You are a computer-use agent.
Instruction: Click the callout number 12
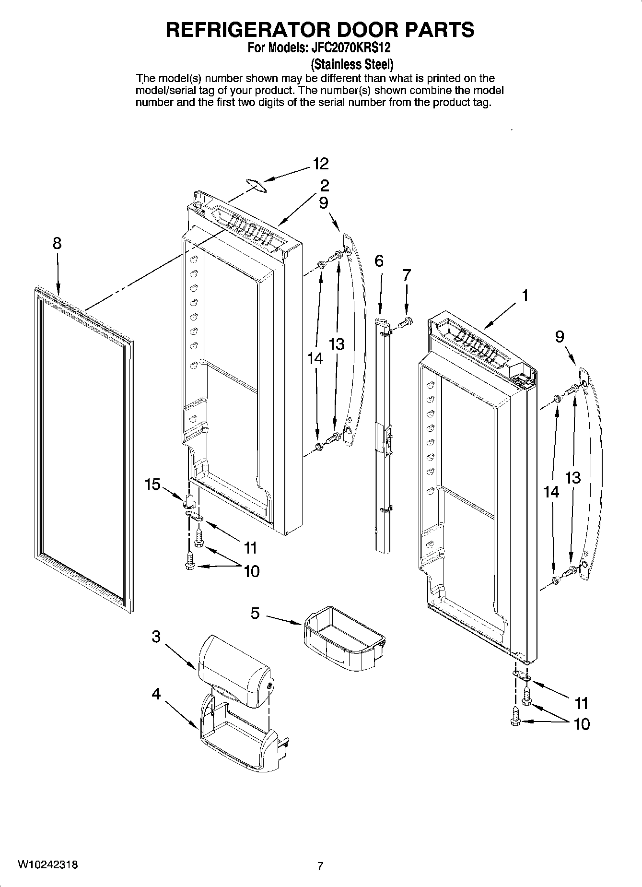321,164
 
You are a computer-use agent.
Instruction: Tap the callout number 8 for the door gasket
57,243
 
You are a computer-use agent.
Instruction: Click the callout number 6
379,261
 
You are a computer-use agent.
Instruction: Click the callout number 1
525,296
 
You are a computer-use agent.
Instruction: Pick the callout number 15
152,485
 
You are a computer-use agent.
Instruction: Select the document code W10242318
48,864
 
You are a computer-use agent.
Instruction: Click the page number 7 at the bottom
320,866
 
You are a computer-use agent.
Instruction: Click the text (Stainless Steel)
352,64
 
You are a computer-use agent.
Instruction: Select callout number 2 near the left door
325,185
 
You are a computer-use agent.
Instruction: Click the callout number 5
255,613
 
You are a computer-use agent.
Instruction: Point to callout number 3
156,637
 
